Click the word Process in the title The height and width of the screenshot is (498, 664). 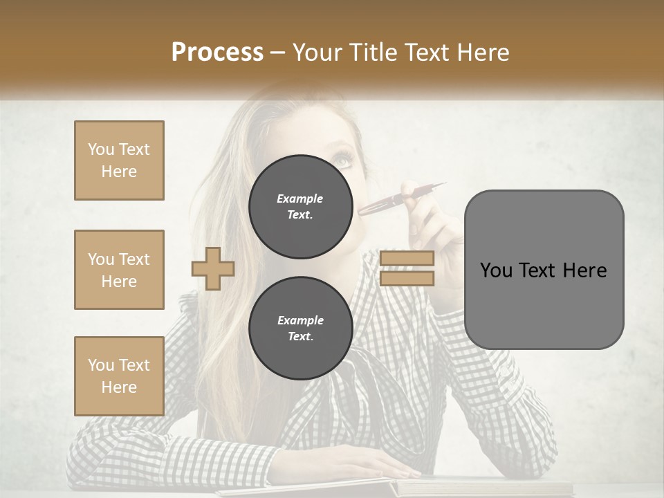(217, 52)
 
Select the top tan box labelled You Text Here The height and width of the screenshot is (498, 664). (119, 160)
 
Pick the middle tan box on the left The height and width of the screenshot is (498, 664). (119, 270)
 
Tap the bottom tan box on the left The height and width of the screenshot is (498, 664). (119, 376)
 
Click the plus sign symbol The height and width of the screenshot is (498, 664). (213, 268)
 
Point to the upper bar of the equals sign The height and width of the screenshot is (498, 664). (407, 259)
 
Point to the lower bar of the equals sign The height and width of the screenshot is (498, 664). (407, 279)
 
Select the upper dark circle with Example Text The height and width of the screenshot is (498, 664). (300, 207)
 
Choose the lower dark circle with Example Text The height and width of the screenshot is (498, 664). (300, 329)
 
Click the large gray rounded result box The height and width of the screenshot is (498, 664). (544, 270)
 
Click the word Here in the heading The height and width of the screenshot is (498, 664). (481, 52)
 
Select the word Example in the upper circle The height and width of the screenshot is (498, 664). (300, 199)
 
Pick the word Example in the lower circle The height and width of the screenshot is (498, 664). (300, 320)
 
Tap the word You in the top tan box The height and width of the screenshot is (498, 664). (100, 149)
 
